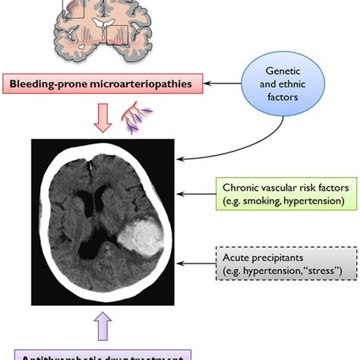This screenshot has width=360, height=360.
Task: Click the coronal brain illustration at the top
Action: pos(99,30)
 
